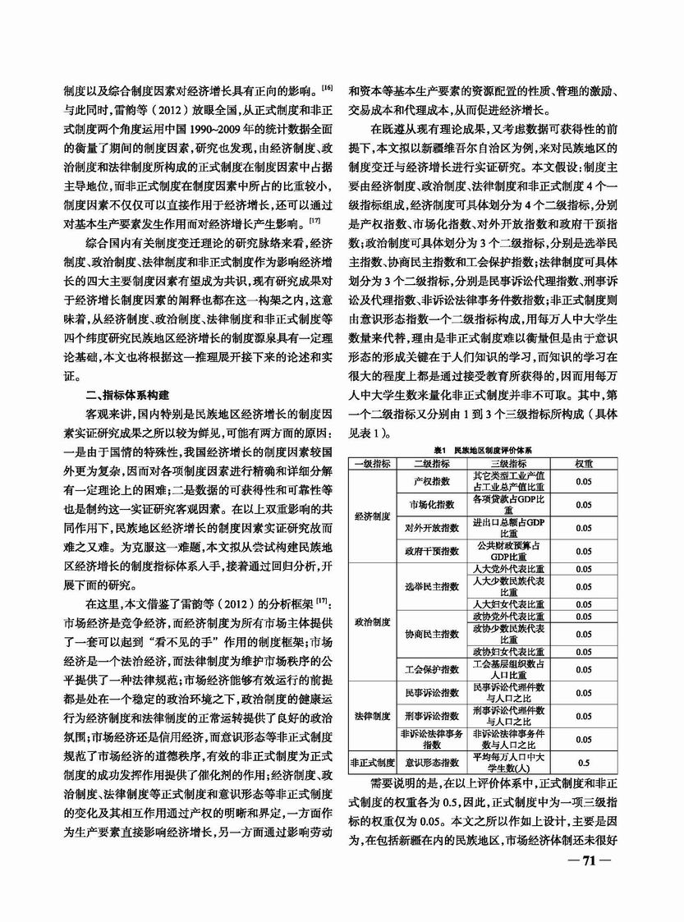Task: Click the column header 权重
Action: click(x=584, y=463)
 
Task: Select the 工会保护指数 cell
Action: click(x=431, y=668)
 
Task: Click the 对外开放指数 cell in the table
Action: click(x=431, y=528)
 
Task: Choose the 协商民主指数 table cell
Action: click(x=431, y=633)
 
